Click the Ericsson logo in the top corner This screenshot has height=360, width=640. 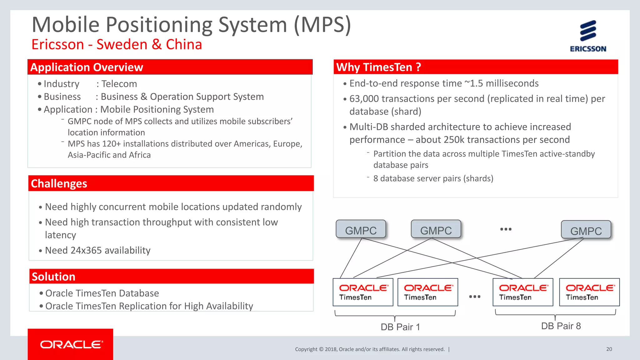coord(588,36)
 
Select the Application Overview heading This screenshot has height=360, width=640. coord(87,67)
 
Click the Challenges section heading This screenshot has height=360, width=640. coord(59,183)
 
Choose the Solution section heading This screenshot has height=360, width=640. coord(53,277)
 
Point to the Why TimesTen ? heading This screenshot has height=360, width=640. coord(378,67)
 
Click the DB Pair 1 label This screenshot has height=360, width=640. coord(400,327)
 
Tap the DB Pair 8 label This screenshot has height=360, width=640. coord(561,326)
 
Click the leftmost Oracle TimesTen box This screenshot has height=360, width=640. coord(363,292)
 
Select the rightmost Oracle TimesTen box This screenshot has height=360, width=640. coord(589,292)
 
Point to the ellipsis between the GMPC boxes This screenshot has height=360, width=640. coord(506,229)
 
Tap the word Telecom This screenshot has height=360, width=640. coord(119,84)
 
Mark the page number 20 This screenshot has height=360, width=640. coord(609,349)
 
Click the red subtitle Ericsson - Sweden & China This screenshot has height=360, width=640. coord(117,44)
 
